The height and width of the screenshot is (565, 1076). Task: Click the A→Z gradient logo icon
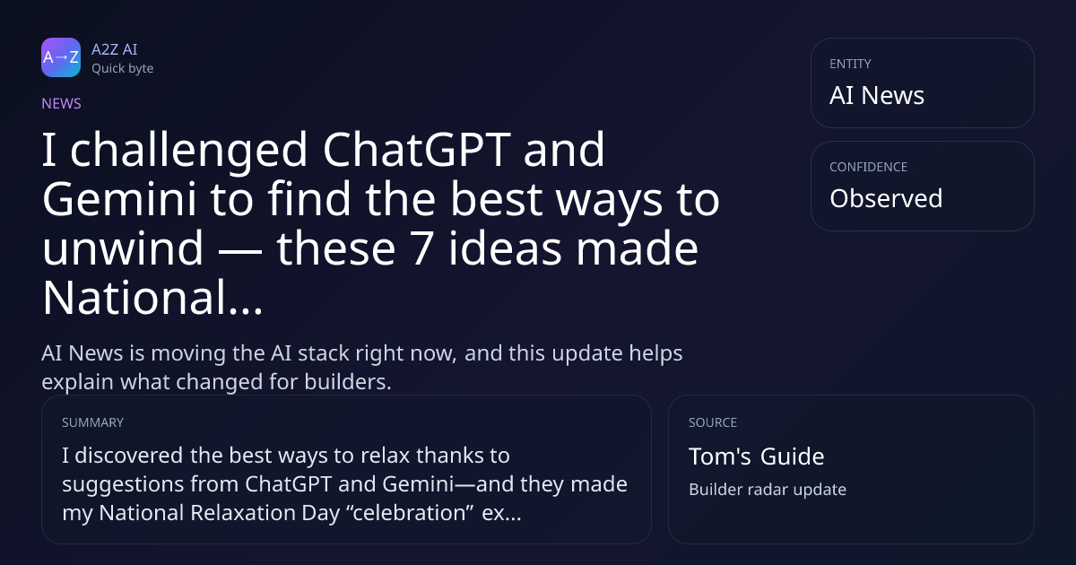(61, 57)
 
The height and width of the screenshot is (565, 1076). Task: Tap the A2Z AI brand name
(115, 49)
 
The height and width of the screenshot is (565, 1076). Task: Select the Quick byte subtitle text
(123, 69)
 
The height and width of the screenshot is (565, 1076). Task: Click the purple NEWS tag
(62, 104)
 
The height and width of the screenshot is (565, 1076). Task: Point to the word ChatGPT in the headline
(416, 150)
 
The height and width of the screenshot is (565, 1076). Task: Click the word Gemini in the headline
(119, 199)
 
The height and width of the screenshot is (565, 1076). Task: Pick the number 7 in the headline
(421, 249)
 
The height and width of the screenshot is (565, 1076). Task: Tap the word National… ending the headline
(152, 298)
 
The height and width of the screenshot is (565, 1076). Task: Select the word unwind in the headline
(123, 248)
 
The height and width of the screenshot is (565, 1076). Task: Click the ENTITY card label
(850, 64)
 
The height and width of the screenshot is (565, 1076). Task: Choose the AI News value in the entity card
(877, 95)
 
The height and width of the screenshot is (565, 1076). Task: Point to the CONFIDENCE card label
(869, 167)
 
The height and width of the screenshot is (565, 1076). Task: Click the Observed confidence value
(886, 198)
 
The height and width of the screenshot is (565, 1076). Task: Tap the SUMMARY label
(92, 422)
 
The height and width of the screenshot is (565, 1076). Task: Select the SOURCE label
(713, 422)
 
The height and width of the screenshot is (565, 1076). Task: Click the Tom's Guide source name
(757, 456)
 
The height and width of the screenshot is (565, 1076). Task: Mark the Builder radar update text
(768, 490)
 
